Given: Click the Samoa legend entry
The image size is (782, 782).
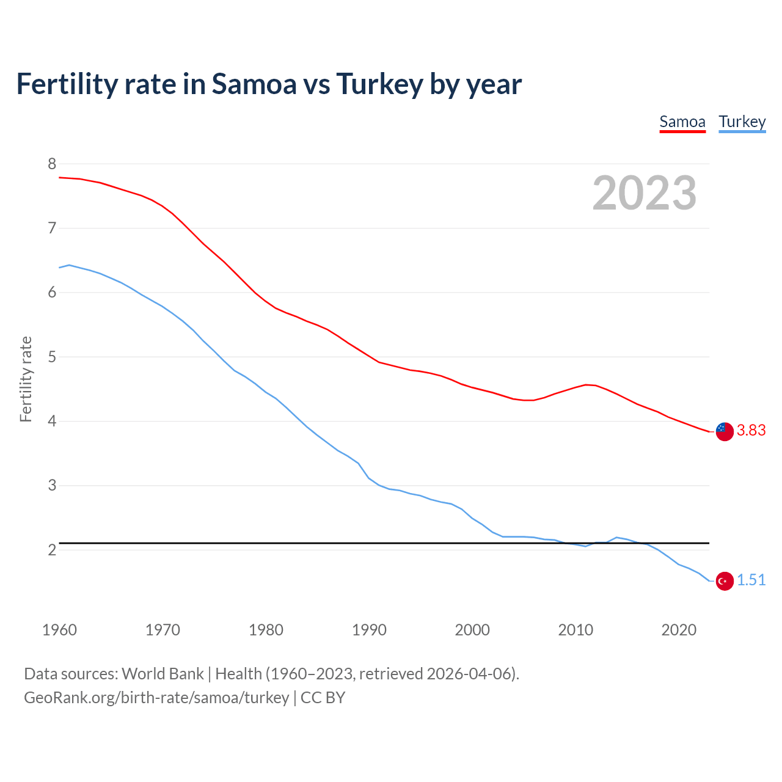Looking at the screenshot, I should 682,122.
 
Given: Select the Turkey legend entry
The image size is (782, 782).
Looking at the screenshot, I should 742,122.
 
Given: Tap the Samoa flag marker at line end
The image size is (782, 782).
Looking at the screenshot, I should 725,431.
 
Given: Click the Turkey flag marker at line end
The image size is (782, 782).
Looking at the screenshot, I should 725,581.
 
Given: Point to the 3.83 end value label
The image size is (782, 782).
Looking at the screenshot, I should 751,431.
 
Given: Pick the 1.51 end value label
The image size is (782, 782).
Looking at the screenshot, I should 751,580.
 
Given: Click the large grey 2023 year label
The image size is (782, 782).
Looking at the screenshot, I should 644,193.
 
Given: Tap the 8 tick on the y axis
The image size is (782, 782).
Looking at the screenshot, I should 52,164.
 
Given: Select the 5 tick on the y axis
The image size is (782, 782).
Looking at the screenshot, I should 52,357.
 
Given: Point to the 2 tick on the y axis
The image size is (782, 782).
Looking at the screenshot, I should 52,550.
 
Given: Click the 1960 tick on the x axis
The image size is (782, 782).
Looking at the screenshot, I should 59,630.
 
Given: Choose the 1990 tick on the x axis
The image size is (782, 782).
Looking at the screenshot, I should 369,630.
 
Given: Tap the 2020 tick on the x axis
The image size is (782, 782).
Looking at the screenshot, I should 679,630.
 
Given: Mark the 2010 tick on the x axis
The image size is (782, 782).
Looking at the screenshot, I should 576,630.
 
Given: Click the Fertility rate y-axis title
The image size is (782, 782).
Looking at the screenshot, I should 26,379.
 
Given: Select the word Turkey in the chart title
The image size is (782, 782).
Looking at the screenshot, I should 379,84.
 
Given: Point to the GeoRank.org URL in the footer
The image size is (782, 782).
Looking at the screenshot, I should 156,698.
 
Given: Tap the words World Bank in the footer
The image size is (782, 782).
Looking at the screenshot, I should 163,674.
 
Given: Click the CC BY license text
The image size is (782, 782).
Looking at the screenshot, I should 323,698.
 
